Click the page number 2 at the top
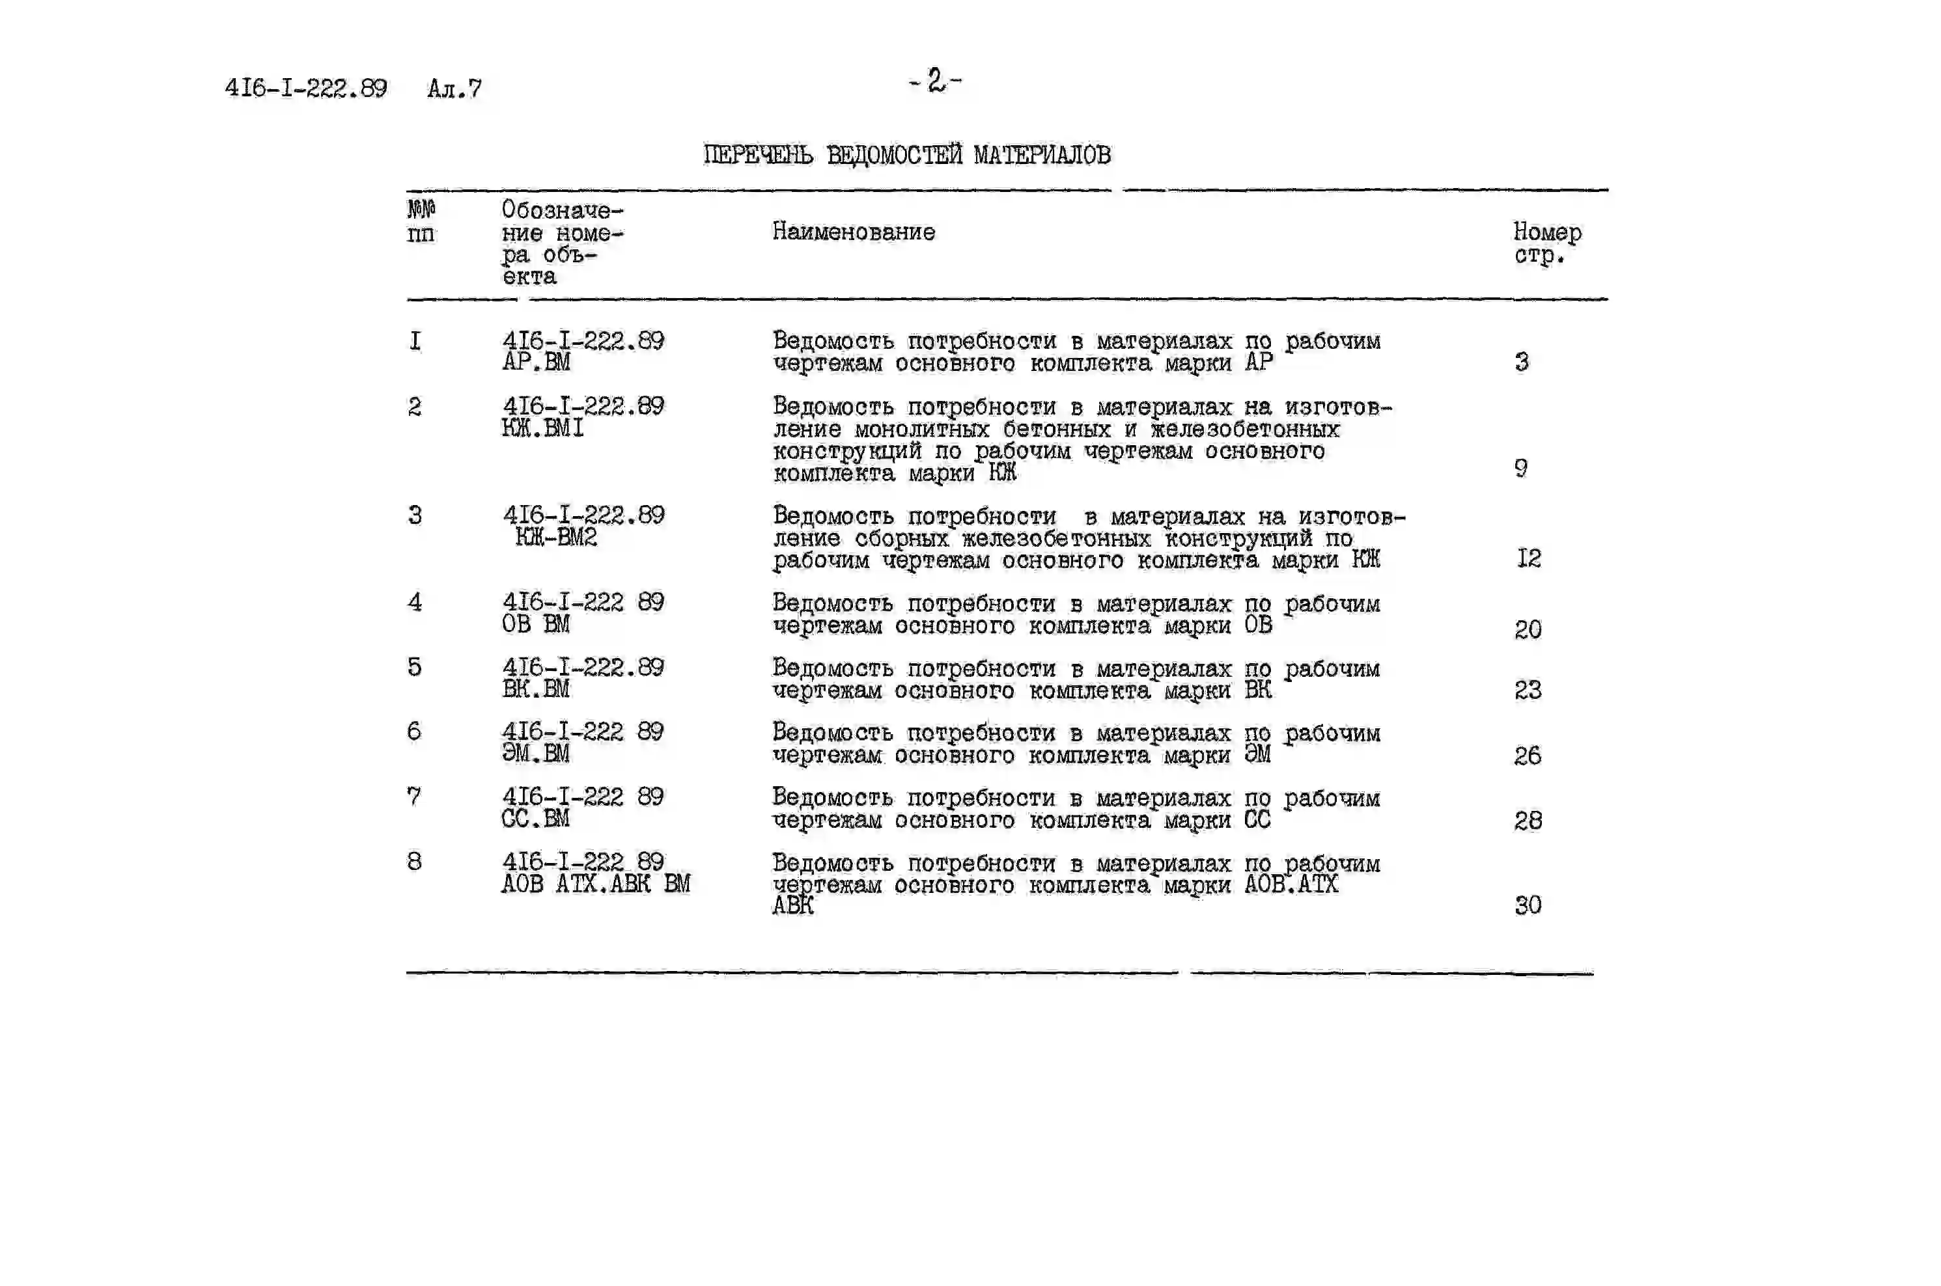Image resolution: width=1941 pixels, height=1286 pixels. pos(935,81)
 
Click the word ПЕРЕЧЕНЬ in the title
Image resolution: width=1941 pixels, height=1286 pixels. pos(758,155)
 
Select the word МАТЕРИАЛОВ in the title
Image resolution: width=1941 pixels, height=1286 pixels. pos(1042,155)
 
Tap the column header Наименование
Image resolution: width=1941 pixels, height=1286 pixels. pos(853,232)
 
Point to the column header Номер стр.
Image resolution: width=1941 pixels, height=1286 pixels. pos(1546,243)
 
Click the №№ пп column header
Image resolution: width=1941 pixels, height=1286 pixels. pos(421,221)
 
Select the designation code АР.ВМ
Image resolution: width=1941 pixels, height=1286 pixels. pos(536,362)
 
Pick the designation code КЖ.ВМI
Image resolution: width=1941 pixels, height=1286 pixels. pos(542,428)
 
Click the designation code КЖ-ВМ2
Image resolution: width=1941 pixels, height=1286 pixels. pos(555,537)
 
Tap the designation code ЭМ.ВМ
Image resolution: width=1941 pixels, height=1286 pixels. pos(535,753)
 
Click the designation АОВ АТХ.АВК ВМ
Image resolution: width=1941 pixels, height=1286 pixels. pos(596,883)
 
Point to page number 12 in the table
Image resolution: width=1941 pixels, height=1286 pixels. pos(1528,558)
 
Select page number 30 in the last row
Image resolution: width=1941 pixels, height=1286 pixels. pos(1528,905)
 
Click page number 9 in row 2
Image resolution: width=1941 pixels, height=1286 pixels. pos(1521,469)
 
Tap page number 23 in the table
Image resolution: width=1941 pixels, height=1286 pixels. pos(1528,690)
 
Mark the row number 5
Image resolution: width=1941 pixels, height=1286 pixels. pos(414,667)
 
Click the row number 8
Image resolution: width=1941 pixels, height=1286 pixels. pos(414,861)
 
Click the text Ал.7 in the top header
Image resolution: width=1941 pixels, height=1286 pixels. pos(454,89)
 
